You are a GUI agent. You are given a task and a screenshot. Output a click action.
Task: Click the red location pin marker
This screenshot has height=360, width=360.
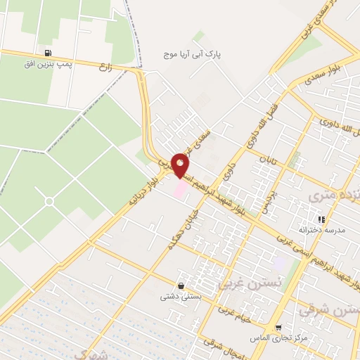pyautogui.click(x=180, y=164)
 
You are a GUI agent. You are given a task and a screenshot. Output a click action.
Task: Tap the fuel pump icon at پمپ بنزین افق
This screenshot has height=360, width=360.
pyautogui.click(x=47, y=53)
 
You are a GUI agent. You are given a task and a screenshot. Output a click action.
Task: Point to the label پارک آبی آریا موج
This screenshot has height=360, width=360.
pyautogui.click(x=193, y=53)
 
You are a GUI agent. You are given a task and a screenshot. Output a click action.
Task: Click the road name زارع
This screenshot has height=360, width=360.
pyautogui.click(x=106, y=67)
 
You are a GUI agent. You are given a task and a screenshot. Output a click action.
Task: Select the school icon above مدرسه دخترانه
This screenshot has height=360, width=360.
pyautogui.click(x=321, y=219)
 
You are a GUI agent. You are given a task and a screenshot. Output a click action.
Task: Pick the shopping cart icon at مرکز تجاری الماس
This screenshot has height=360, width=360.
pyautogui.click(x=279, y=328)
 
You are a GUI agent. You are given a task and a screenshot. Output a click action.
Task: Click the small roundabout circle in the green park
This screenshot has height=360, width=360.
pyautogui.click(x=49, y=202)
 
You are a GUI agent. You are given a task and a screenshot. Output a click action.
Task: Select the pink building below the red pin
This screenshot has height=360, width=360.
pyautogui.click(x=181, y=188)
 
